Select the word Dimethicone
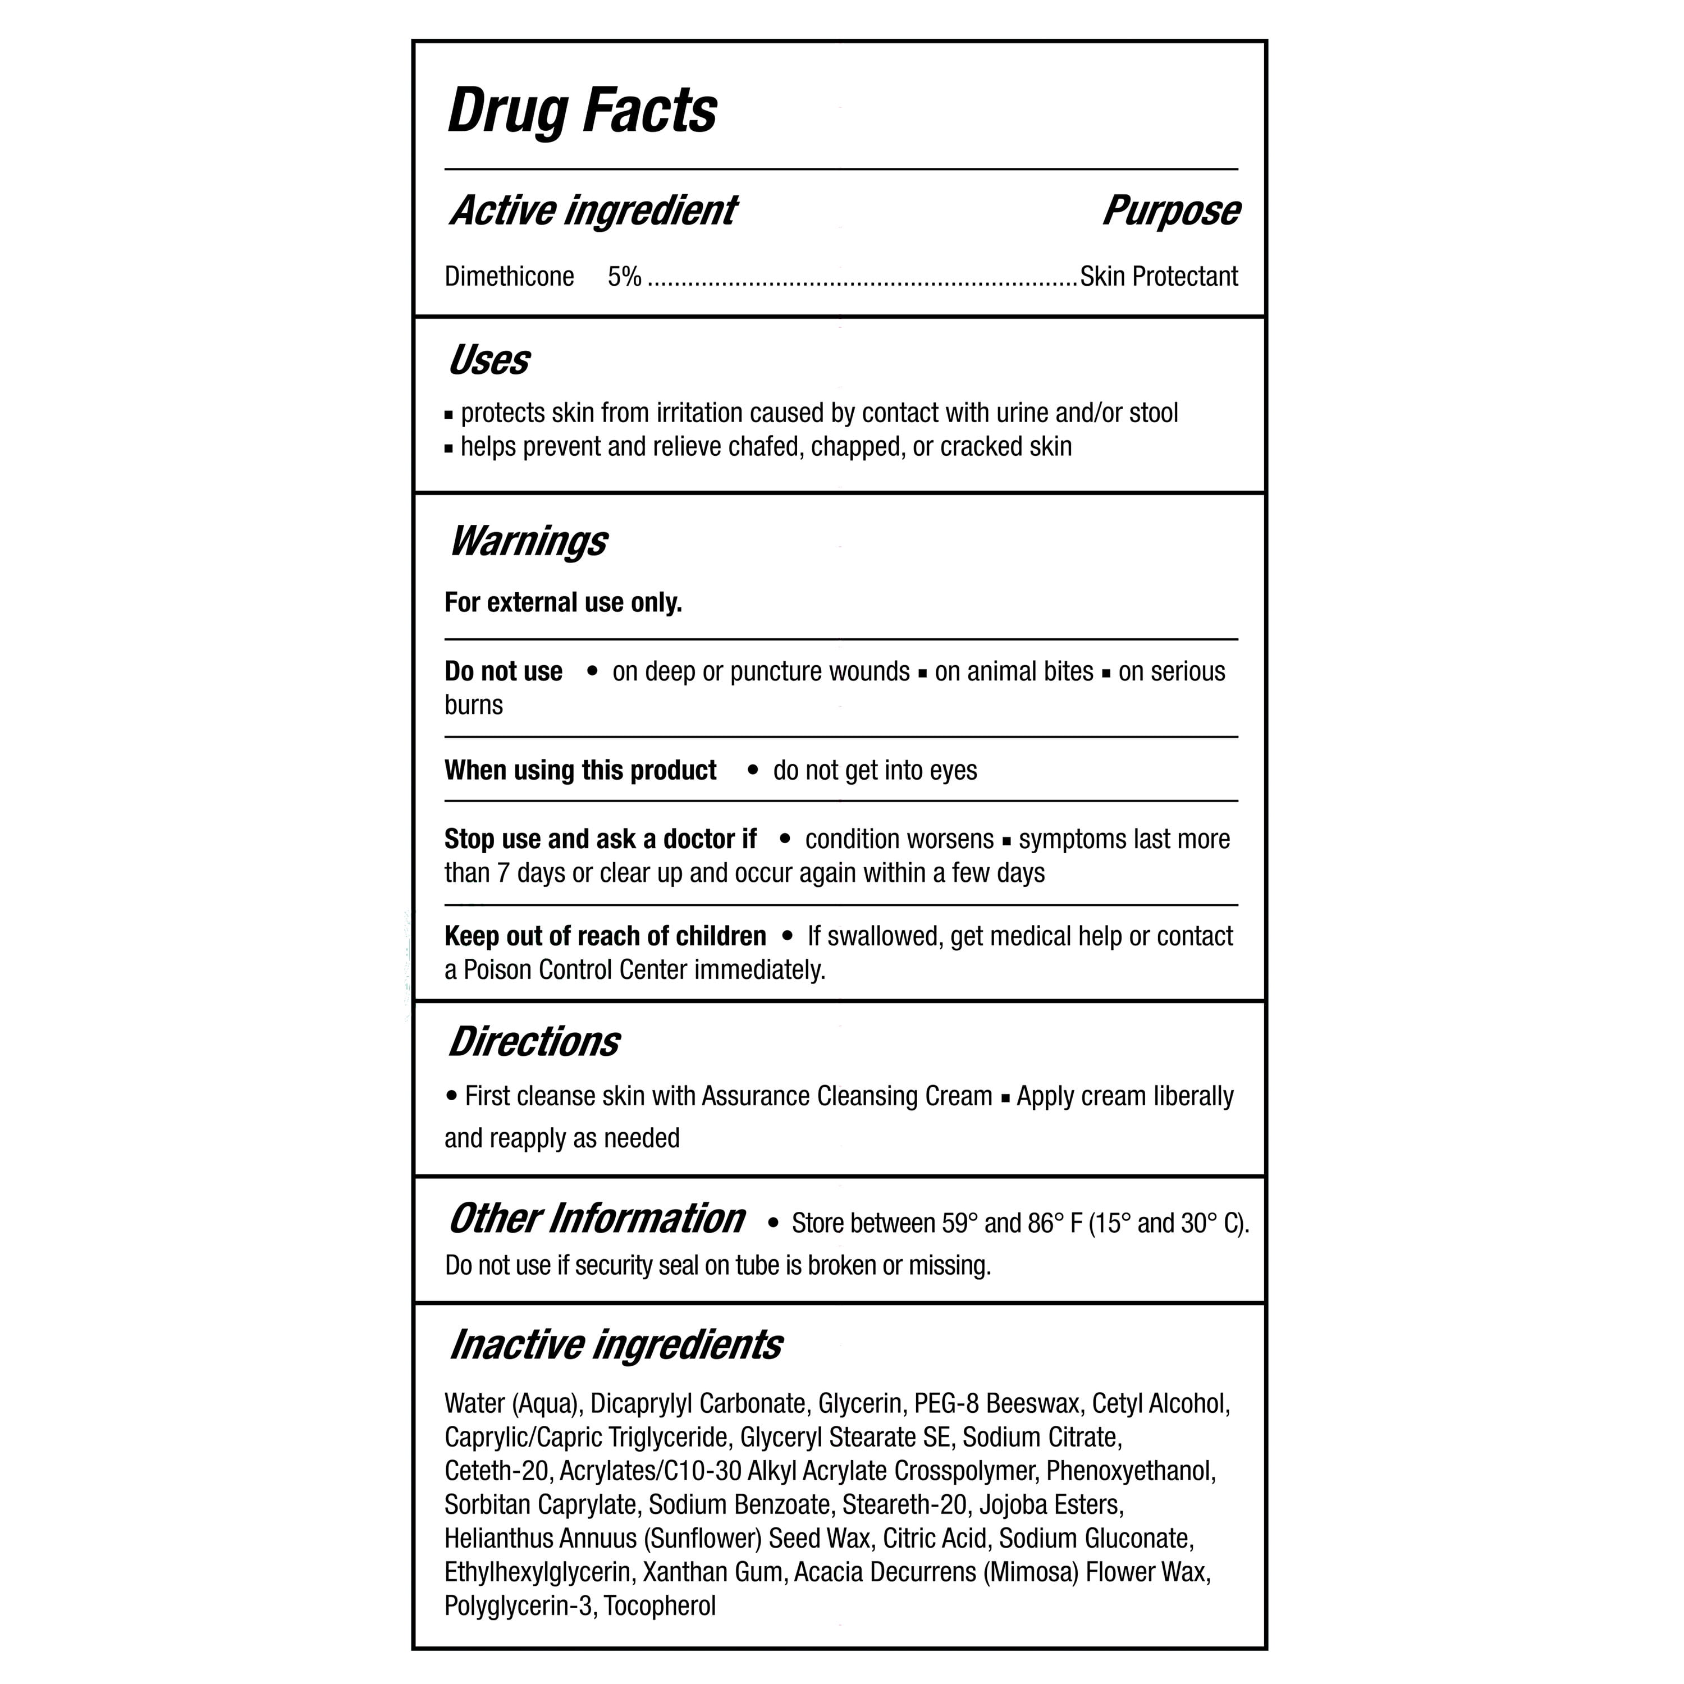(509, 276)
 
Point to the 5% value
(624, 276)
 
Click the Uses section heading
(489, 360)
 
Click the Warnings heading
(528, 541)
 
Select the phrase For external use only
(563, 602)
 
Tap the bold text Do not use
(503, 671)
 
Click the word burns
(473, 705)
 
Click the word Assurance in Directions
(756, 1096)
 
